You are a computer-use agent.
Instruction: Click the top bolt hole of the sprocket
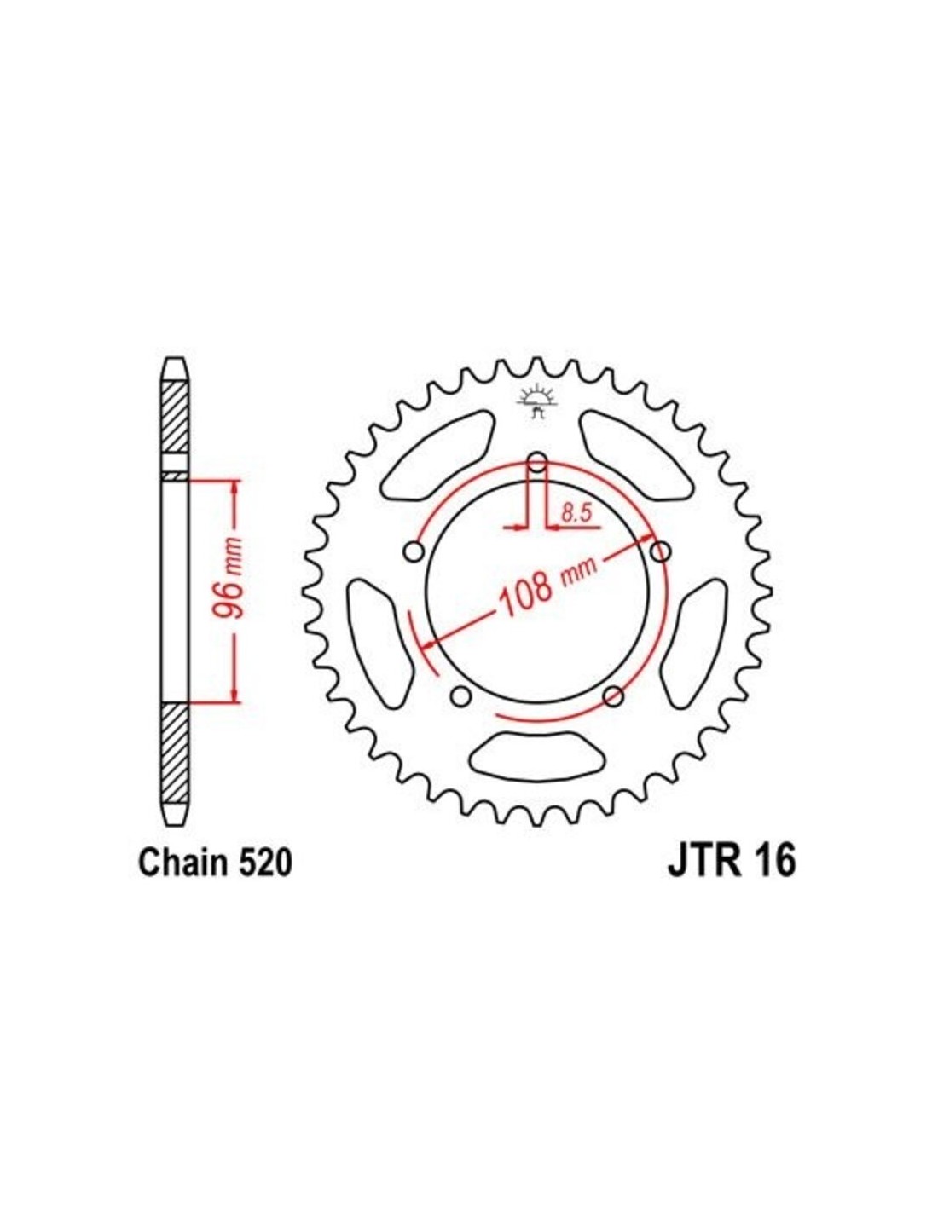[537, 462]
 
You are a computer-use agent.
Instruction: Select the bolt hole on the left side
[414, 552]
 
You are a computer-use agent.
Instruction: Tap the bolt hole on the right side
[661, 552]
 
